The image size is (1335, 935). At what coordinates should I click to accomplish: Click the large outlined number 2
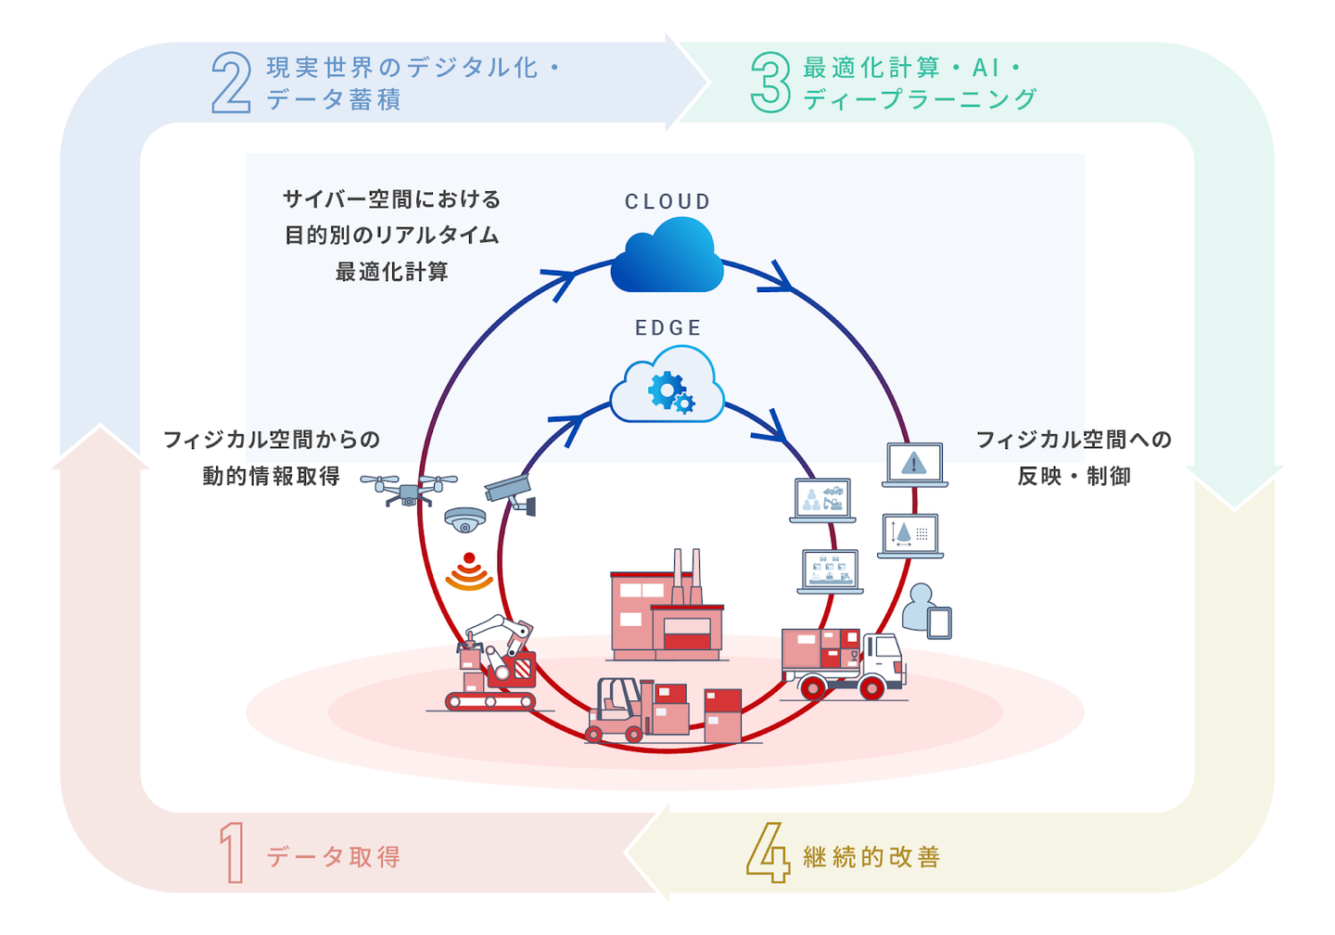coord(231,83)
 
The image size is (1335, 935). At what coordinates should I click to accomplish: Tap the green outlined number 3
coord(769,83)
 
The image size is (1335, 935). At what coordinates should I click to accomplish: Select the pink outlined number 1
coord(232,853)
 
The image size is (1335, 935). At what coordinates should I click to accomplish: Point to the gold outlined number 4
coord(768,852)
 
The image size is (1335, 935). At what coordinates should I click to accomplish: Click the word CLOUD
coord(667,201)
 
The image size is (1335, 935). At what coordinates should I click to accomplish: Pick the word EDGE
coord(667,327)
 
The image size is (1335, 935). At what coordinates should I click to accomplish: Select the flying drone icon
coord(408,490)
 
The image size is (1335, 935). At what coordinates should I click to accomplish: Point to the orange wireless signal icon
coord(469,572)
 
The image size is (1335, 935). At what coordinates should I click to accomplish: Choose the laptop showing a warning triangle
coord(914,465)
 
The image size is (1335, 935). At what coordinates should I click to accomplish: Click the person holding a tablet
coord(926,611)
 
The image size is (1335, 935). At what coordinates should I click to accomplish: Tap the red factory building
coord(666,612)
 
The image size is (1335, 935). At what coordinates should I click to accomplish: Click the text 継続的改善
coord(871,856)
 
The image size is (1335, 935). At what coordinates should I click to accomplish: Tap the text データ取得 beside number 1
coord(334,856)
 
